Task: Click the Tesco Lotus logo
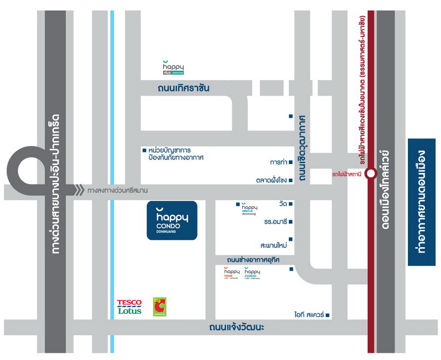tap(129, 307)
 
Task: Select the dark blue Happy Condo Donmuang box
tap(172, 221)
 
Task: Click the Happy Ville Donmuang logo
tap(173, 67)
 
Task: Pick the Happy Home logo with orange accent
tap(231, 274)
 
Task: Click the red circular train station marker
tap(371, 174)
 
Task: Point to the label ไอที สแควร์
tap(309, 315)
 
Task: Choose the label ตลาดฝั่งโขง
tap(272, 180)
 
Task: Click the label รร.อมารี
tap(276, 221)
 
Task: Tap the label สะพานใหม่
tap(274, 245)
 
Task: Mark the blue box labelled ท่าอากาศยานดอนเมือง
tap(422, 202)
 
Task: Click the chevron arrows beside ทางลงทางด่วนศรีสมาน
tap(79, 191)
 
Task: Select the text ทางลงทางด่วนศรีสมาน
tap(117, 191)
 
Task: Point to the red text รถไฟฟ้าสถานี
tap(347, 174)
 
